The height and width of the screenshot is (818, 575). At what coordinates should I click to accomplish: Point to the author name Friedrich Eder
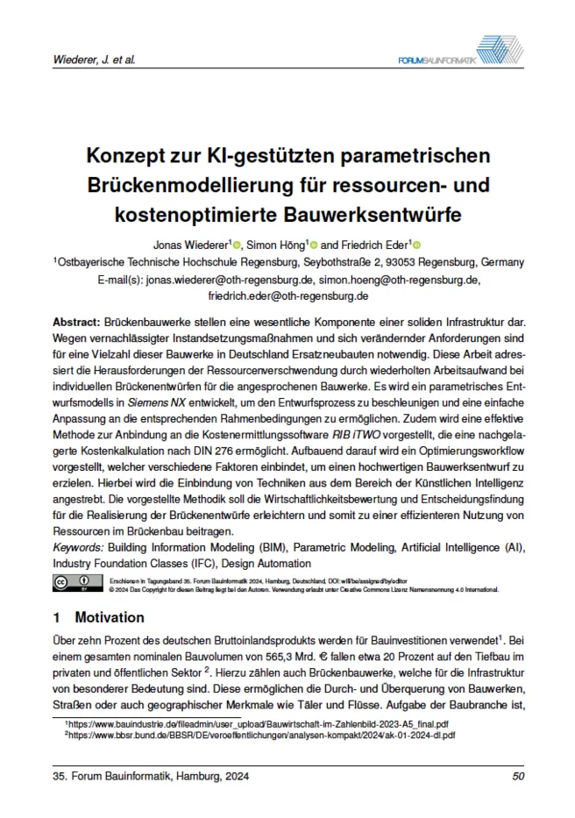[x=373, y=244]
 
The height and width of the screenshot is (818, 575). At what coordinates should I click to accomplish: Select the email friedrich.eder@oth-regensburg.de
[x=287, y=296]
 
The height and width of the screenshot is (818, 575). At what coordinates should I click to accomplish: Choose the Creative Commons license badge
[x=75, y=583]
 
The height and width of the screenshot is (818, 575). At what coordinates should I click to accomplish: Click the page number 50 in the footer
[x=517, y=775]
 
